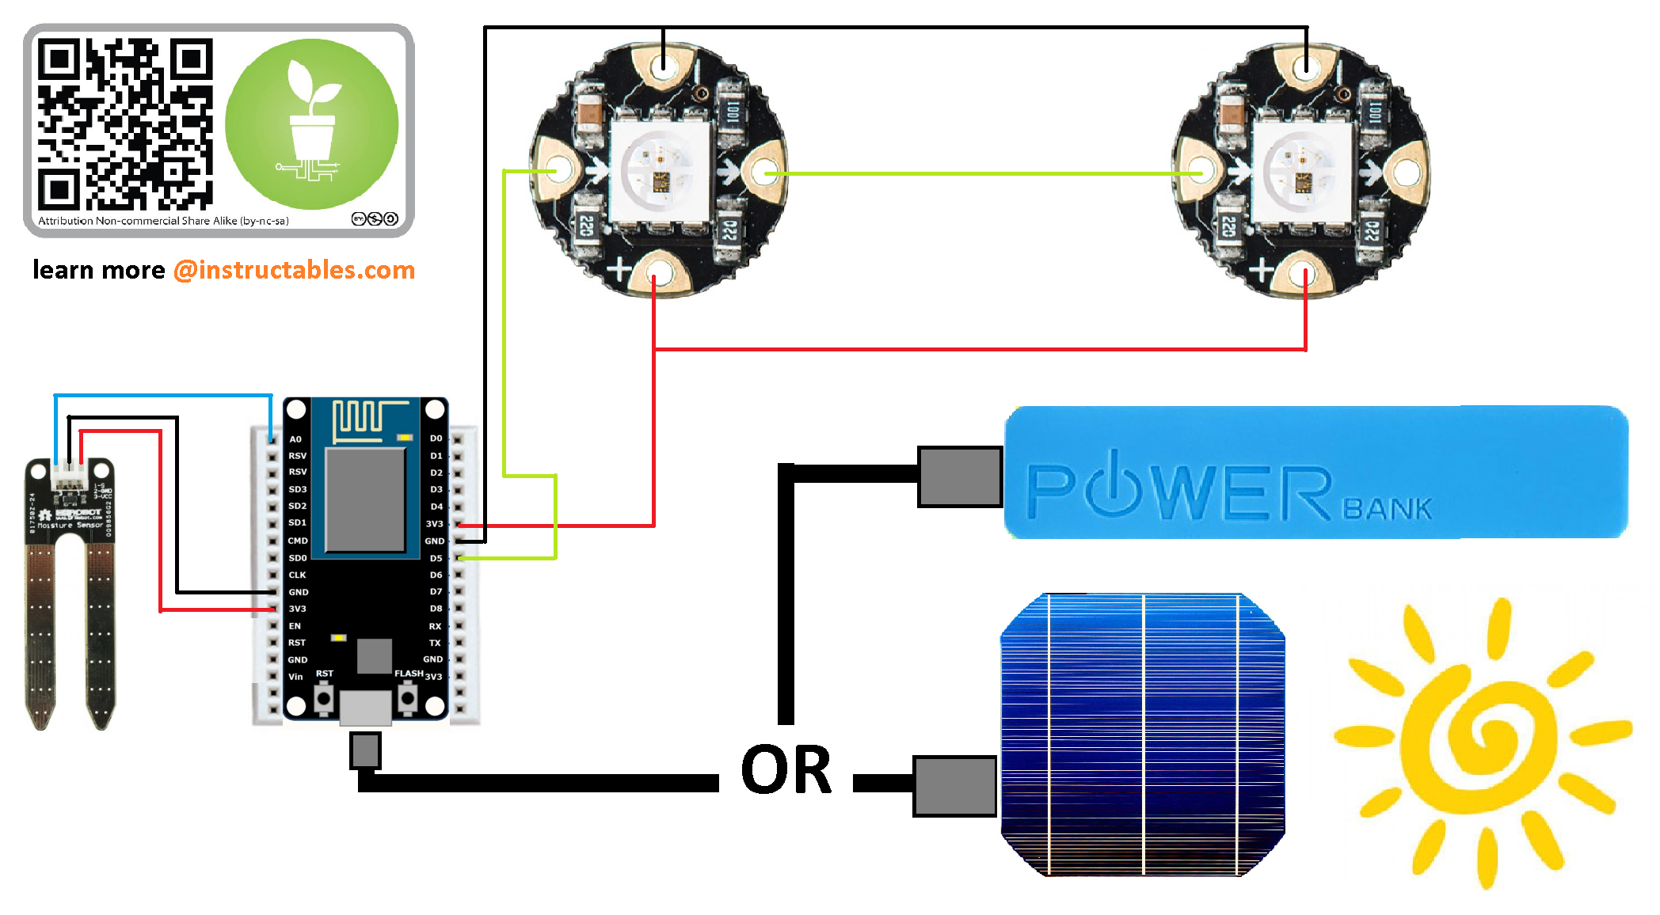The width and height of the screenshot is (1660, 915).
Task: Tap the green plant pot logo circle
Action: [312, 124]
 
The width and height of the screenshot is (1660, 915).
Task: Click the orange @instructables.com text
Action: [294, 270]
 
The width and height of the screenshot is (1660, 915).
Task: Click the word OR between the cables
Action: [786, 769]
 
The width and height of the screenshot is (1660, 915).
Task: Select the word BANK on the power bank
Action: [1388, 509]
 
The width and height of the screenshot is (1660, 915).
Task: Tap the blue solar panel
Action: [1142, 735]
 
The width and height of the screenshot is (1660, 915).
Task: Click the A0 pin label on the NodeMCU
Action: [295, 439]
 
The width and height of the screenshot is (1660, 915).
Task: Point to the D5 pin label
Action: [436, 558]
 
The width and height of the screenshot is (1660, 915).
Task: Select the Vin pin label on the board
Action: [295, 677]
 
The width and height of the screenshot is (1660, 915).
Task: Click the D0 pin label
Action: [436, 438]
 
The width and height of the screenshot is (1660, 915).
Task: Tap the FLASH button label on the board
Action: [409, 674]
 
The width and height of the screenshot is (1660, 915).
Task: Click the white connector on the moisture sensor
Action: [69, 476]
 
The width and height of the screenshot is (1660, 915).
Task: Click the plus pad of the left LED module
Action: [655, 273]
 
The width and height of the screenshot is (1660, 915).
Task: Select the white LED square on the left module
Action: [658, 169]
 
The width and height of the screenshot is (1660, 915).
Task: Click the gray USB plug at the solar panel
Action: [954, 786]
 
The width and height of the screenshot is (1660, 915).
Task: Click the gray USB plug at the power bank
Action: [959, 476]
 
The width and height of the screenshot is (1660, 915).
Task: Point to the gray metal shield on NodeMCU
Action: [365, 499]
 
